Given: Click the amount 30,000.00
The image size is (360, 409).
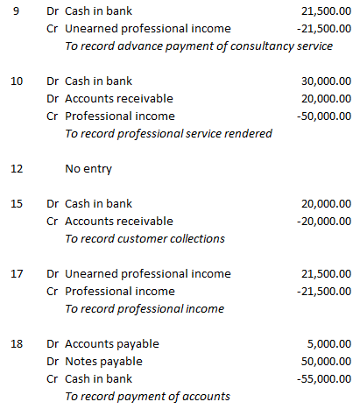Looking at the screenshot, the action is [x=325, y=81].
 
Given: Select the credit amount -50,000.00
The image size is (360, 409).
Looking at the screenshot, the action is [x=323, y=116].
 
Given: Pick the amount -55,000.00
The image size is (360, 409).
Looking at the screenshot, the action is [x=323, y=378].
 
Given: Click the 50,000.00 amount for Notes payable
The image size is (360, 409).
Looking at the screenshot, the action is [x=325, y=361].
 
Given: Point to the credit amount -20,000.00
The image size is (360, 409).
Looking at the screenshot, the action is [x=323, y=221].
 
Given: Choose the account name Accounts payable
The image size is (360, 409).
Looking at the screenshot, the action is [x=112, y=343].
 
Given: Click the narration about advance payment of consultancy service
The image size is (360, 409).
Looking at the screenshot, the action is [x=199, y=46].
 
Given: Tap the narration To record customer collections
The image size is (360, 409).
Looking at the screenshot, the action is [x=145, y=238].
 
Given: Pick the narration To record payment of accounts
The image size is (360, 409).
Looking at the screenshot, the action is [x=147, y=396].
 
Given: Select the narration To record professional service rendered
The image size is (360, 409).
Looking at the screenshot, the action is [x=168, y=134].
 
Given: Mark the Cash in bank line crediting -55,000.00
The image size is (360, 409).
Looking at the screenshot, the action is [x=99, y=378].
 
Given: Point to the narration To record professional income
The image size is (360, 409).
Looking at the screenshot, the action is [x=145, y=308].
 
